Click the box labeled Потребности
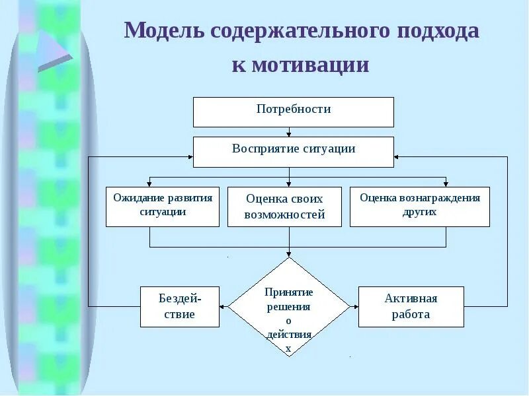tap(293, 112)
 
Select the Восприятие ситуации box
tap(293, 151)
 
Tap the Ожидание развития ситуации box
tap(163, 207)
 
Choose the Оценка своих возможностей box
tap(284, 207)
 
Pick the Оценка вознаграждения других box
tap(419, 207)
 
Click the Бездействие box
tap(179, 306)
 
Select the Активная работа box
tap(411, 306)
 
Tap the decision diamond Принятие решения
tap(288, 307)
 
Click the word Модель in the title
tap(165, 31)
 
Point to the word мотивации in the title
tap(300, 65)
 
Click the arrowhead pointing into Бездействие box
tap(224, 306)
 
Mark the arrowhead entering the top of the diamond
tap(289, 254)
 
